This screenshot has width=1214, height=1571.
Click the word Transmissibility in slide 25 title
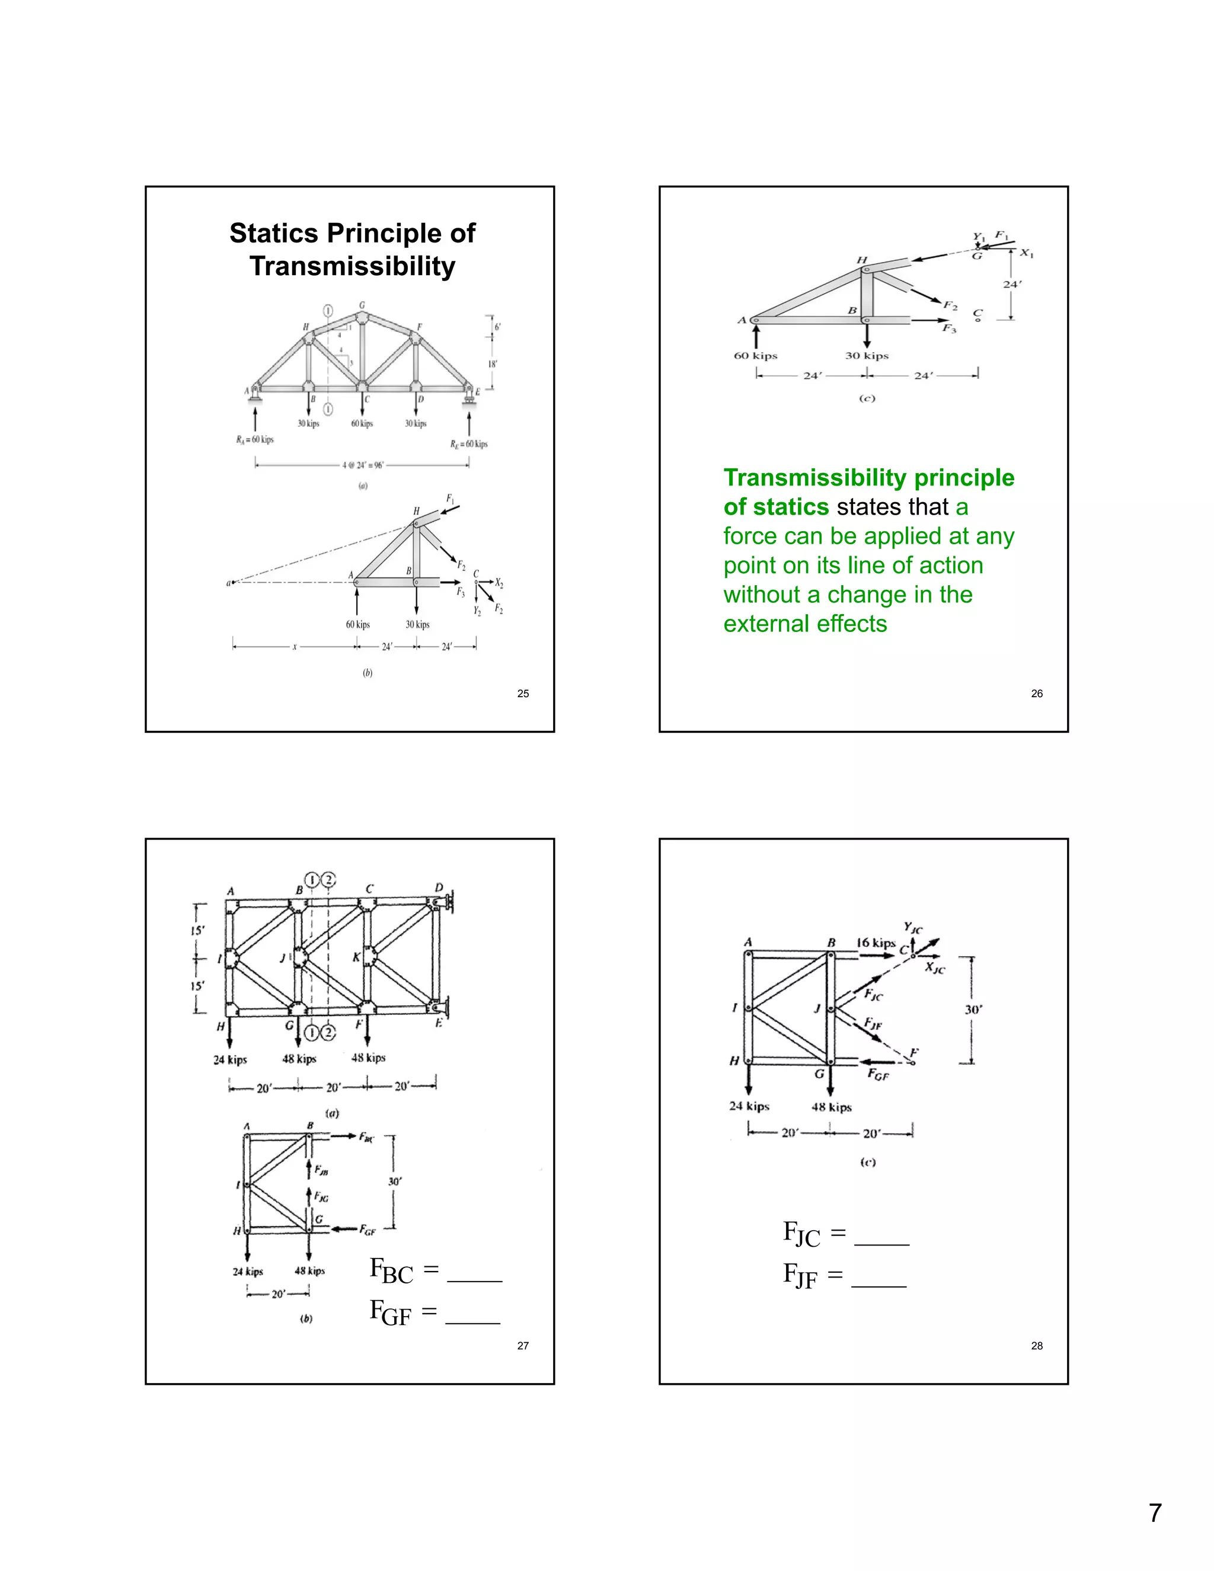coord(353,266)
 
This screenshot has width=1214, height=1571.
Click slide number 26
coord(1036,694)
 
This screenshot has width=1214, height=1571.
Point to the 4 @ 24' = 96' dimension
coord(363,465)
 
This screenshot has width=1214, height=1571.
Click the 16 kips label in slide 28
coord(876,943)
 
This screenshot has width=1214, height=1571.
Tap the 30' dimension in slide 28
coord(974,1009)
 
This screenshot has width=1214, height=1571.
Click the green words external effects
coord(805,623)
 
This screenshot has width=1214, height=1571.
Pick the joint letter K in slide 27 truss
coord(356,957)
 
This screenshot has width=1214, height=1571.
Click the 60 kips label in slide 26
coord(755,355)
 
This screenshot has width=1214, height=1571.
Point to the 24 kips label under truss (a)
coord(230,1059)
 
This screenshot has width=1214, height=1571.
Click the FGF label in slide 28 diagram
coord(878,1075)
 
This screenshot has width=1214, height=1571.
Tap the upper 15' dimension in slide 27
coord(197,930)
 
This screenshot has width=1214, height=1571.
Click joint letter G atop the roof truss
coord(362,305)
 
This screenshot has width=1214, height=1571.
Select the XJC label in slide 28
coord(935,968)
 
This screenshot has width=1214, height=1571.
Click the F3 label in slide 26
coord(950,329)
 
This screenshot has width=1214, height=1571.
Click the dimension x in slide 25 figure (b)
coord(294,647)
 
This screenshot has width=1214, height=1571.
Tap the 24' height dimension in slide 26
coord(1012,284)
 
